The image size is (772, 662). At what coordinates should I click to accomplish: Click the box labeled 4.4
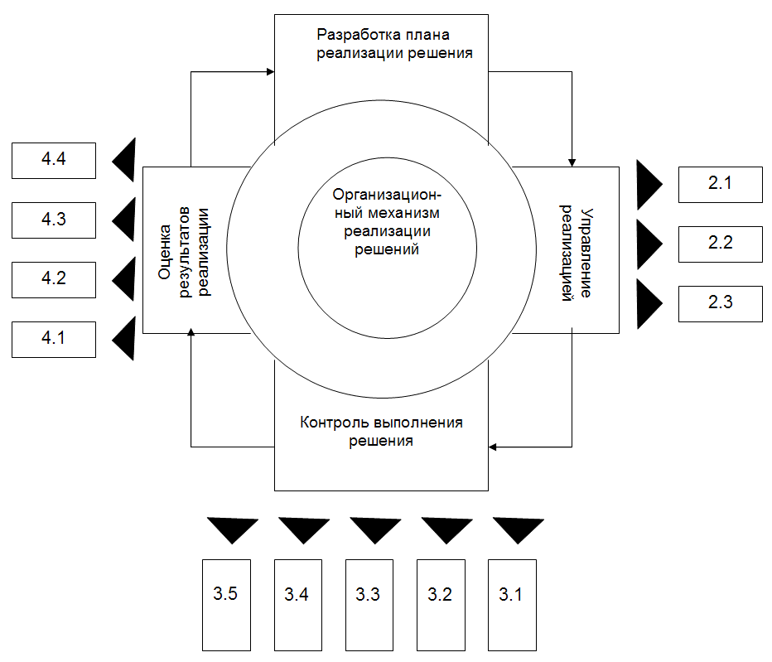[54, 160]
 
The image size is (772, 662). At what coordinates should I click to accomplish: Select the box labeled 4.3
[54, 220]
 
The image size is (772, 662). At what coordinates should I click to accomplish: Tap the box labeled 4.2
[54, 278]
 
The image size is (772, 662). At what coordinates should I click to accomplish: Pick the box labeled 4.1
[54, 339]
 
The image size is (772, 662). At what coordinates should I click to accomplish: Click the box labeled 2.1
[720, 184]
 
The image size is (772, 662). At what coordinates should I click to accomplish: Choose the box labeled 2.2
[720, 244]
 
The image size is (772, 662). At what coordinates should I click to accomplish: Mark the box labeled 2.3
[720, 302]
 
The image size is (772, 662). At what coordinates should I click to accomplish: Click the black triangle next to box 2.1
[648, 185]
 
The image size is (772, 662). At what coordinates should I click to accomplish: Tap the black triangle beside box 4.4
[124, 160]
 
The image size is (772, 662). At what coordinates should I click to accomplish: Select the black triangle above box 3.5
[233, 529]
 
